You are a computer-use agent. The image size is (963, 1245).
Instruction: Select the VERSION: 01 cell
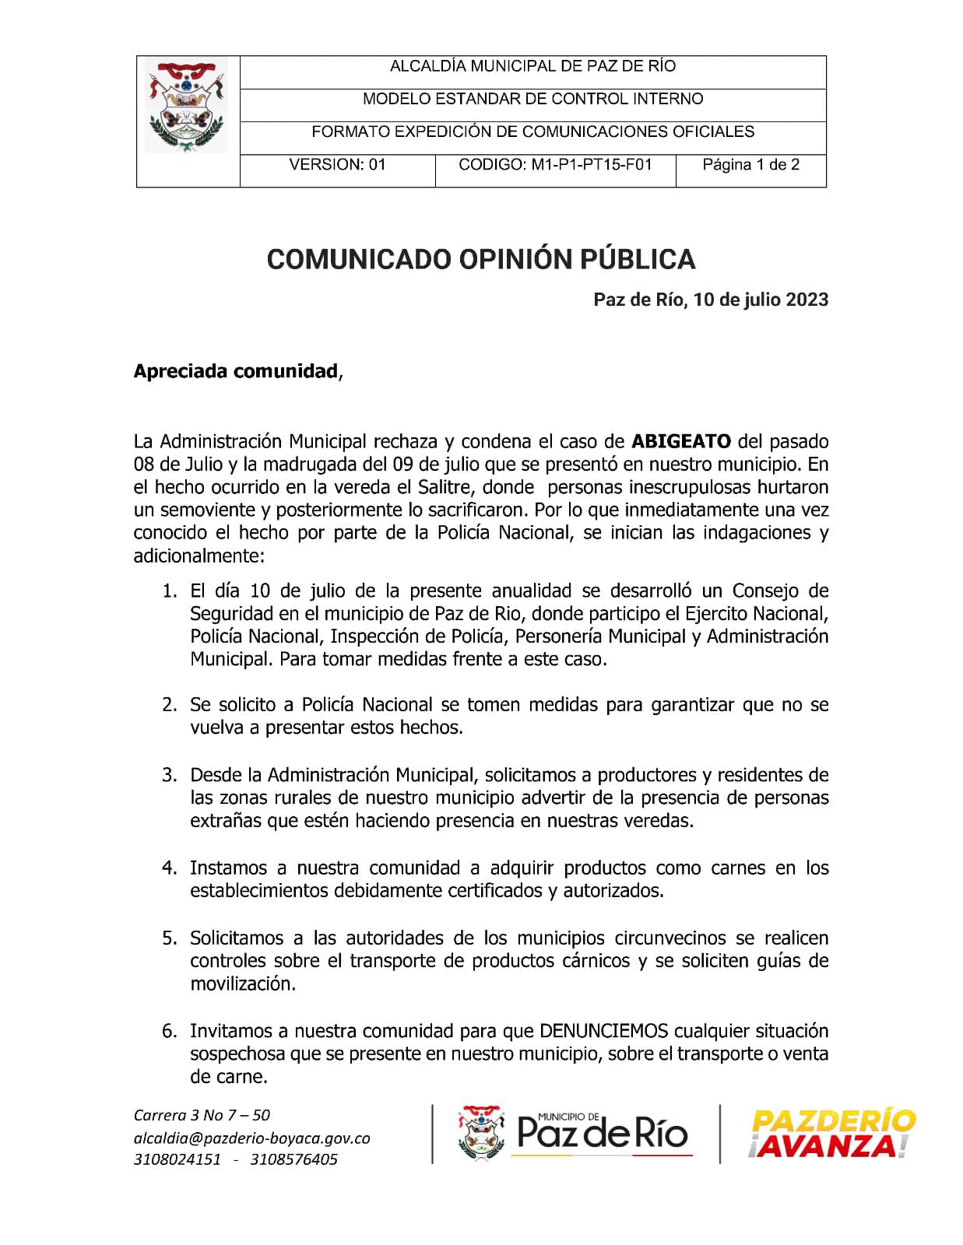tap(337, 165)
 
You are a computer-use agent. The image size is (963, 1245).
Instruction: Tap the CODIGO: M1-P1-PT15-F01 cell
tap(555, 165)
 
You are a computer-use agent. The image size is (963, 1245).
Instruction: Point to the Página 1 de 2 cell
tap(750, 165)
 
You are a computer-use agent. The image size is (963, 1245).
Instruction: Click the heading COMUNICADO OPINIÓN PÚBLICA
tap(480, 259)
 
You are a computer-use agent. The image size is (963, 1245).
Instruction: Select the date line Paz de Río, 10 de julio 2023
tap(710, 300)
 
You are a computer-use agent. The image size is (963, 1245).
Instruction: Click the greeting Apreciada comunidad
tap(236, 371)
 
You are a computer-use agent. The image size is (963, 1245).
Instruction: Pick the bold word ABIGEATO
tap(681, 442)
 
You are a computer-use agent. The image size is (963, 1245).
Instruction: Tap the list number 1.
tap(169, 591)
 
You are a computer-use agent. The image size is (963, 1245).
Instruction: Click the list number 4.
tap(169, 868)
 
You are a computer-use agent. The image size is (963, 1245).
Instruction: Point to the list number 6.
tap(169, 1032)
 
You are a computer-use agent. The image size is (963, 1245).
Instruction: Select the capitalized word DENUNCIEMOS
tap(603, 1032)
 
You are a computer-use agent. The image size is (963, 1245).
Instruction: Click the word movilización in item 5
tap(242, 984)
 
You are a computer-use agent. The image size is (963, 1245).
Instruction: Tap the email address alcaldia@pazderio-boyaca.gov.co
tap(251, 1138)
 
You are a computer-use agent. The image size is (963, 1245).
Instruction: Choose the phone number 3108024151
tap(177, 1159)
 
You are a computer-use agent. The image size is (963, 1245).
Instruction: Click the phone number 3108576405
tap(294, 1159)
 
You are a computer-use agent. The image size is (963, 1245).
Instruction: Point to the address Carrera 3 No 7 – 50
tap(202, 1115)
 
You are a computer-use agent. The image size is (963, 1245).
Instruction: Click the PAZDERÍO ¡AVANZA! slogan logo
tap(831, 1135)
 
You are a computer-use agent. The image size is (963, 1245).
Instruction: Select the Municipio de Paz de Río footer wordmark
tap(602, 1133)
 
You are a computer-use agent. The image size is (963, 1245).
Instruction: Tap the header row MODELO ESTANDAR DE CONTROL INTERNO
tap(532, 100)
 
